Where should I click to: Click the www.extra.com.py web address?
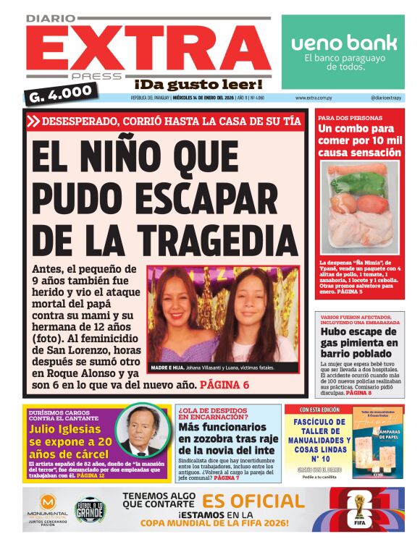[x=314, y=97]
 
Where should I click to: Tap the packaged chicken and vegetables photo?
[x=360, y=210]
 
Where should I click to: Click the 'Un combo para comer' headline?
[x=359, y=140]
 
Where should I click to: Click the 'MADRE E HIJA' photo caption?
[x=212, y=368]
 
